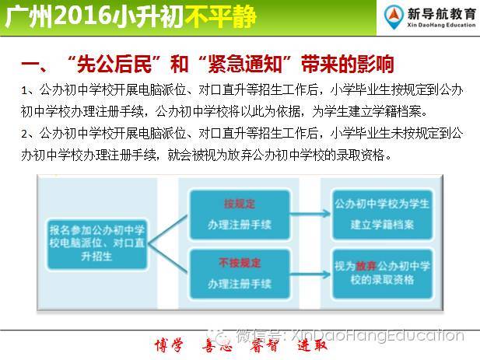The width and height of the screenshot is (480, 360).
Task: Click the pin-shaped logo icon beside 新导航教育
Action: coord(394,17)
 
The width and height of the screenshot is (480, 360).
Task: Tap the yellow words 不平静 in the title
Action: coord(220,16)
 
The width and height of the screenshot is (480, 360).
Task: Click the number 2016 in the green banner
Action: coord(82,16)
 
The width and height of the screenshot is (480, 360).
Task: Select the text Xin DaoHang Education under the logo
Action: coord(441,25)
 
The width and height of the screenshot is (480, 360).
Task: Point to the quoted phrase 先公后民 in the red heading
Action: coord(114,65)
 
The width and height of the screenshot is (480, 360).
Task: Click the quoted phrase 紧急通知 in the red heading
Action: coord(244,65)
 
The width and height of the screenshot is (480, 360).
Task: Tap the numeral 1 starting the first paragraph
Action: coord(24,90)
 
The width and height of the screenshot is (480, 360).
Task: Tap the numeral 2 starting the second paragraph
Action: coord(24,134)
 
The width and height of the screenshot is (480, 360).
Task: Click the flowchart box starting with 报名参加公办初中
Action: coord(97,244)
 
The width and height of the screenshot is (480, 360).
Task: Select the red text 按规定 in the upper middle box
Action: coord(240,204)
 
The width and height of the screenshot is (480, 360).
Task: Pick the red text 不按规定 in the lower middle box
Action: coord(240,263)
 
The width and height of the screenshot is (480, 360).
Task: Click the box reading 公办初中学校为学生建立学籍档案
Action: coord(382,214)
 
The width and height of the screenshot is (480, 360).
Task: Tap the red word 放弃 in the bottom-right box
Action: coord(366,266)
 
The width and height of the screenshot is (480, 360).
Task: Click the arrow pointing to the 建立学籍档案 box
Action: coord(310,213)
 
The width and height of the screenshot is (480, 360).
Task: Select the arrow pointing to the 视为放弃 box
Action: coord(310,274)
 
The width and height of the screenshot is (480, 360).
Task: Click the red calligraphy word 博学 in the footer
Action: coord(170,346)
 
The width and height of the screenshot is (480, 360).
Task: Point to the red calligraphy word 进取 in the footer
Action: coord(313,346)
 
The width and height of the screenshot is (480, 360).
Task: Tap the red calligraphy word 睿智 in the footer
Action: coord(264,346)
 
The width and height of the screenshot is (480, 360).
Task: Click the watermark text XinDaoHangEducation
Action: coord(377,336)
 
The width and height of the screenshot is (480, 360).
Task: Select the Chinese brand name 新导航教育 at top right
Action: coord(441,13)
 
